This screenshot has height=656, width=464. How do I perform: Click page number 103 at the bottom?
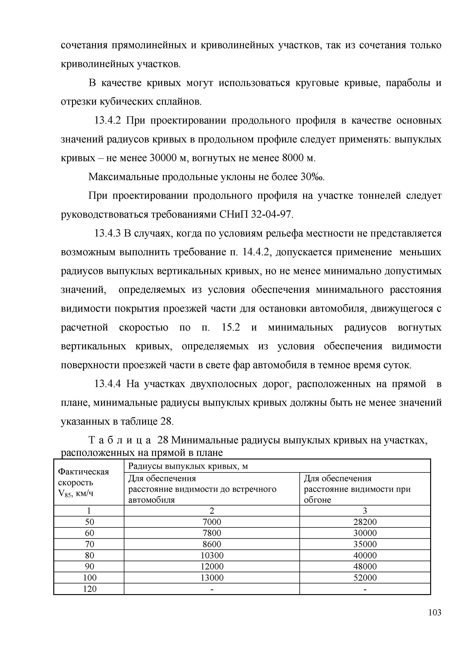pos(435,621)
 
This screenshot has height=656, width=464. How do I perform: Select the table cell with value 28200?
pos(365,522)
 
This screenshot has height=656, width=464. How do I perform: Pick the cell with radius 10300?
pos(212,555)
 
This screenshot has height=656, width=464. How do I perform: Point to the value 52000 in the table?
pos(365,578)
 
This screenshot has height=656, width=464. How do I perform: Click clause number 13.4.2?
pos(108,121)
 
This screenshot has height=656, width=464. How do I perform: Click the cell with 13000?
pos(212,578)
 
